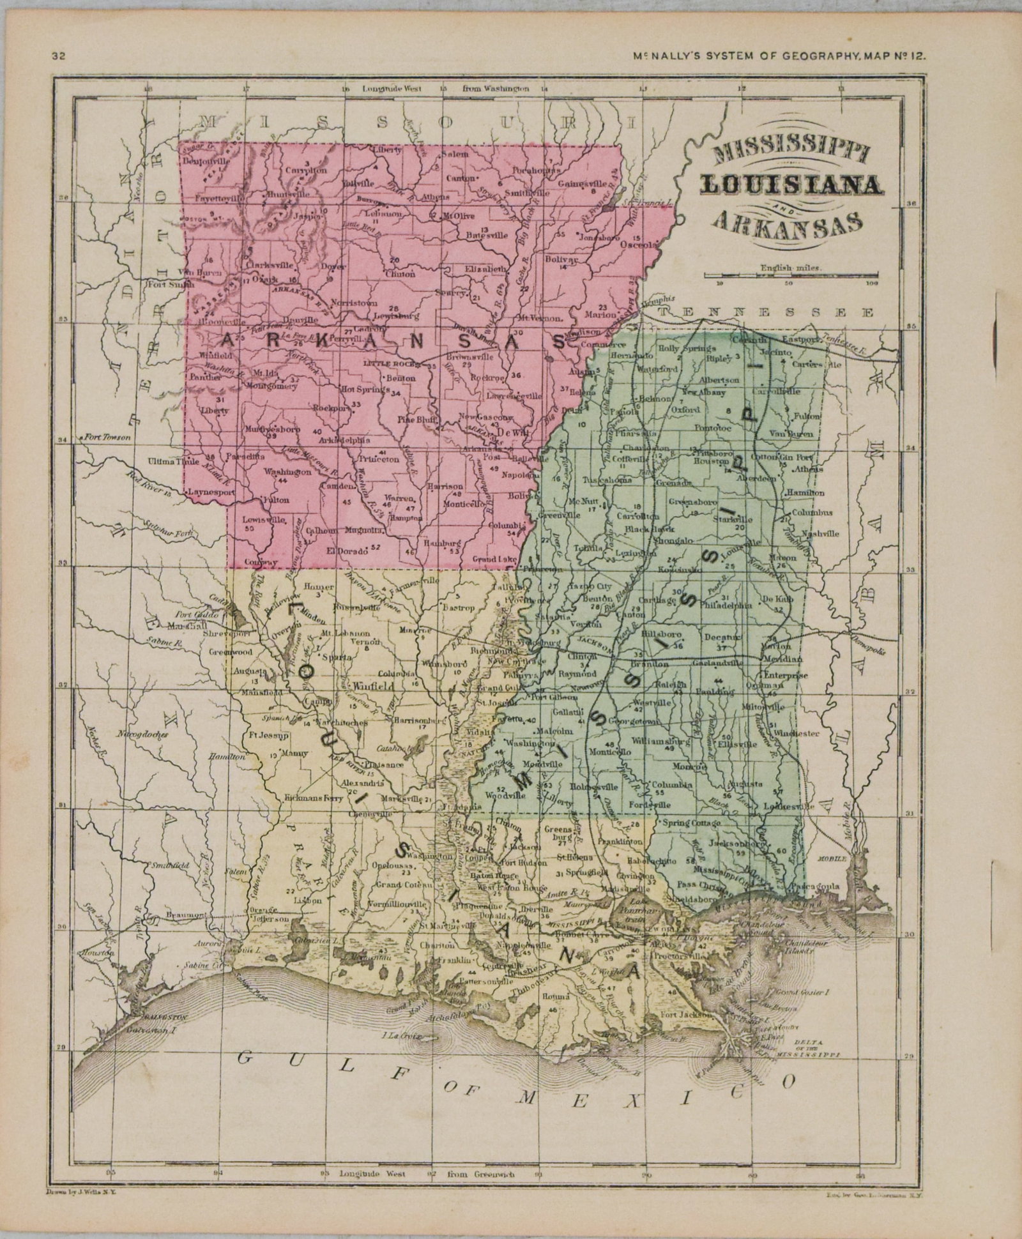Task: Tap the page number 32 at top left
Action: (x=59, y=56)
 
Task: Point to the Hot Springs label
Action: (x=364, y=388)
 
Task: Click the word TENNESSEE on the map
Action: (x=767, y=312)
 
